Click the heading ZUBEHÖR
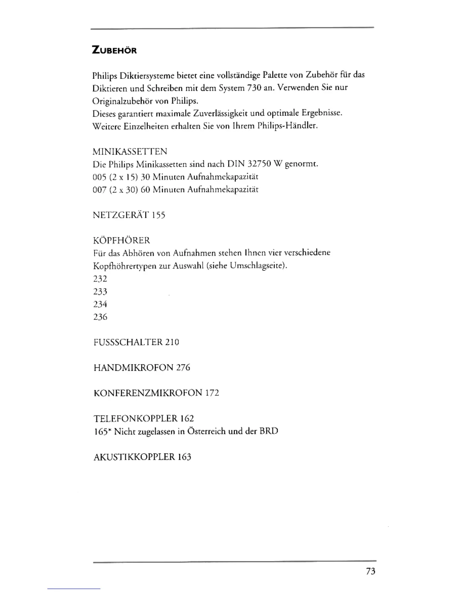click(x=114, y=50)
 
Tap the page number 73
click(x=370, y=571)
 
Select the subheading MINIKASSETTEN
click(x=130, y=151)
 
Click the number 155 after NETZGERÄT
click(x=158, y=215)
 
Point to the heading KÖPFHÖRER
click(x=121, y=240)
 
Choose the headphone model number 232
click(x=100, y=278)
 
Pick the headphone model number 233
click(x=100, y=292)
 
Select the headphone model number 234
click(x=100, y=304)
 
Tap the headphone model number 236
click(x=100, y=317)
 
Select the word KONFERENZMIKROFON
click(x=147, y=393)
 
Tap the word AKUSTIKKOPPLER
click(x=134, y=457)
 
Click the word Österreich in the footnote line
click(x=206, y=431)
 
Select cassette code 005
click(x=99, y=176)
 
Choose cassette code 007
click(x=99, y=189)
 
